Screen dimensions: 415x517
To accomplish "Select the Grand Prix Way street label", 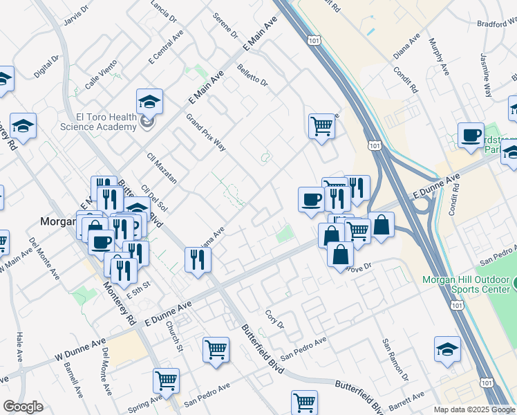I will coord(206,132).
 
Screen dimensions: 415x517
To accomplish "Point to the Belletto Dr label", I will coord(252,76).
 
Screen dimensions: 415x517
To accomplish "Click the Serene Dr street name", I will coord(225,26).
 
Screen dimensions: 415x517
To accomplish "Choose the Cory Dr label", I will coord(275,320).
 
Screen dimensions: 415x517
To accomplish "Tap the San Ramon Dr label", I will coord(396,360).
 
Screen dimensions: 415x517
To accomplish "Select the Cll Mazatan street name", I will coord(162,168).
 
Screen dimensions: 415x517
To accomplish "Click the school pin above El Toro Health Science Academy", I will coord(149,102).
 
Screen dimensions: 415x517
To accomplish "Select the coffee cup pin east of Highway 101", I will coord(471,135).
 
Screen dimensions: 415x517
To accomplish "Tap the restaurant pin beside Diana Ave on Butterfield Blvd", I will coord(198,260).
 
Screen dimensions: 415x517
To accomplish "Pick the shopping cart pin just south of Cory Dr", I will coord(216,349).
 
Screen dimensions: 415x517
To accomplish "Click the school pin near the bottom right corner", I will coord(447,349).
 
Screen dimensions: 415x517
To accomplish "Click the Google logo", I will coord(23,407).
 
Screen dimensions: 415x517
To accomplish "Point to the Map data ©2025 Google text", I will coord(474,409).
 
